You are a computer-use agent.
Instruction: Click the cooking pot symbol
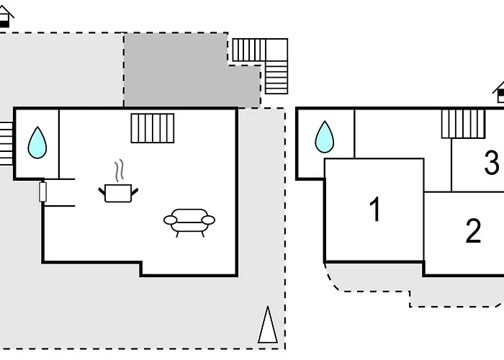[118, 193]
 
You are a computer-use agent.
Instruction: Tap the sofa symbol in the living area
[189, 222]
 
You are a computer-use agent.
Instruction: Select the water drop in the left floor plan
[37, 143]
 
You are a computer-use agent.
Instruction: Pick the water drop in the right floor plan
[325, 137]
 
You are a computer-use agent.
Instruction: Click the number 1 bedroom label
[375, 210]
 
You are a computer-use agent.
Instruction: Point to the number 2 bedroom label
[473, 230]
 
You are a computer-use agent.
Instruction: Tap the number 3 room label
[492, 163]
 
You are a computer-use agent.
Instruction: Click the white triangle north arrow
[268, 325]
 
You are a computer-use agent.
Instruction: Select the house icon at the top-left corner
[6, 16]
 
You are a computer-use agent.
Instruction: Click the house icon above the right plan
[498, 93]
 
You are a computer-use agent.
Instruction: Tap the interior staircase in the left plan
[153, 128]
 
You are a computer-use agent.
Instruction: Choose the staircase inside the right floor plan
[463, 124]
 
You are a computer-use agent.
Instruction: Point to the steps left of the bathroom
[6, 143]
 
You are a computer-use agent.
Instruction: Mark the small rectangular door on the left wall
[42, 192]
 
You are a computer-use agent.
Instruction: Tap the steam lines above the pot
[119, 171]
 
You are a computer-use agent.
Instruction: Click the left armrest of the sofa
[171, 220]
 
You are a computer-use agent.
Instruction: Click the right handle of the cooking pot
[135, 192]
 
